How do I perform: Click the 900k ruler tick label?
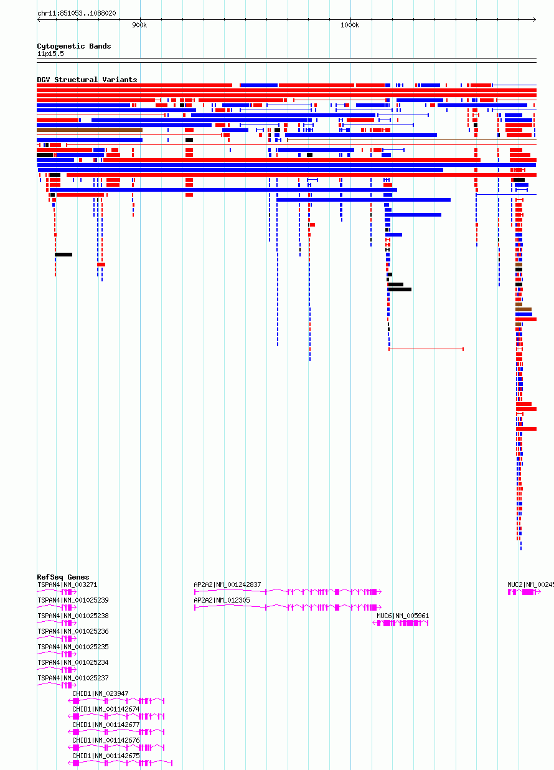pos(139,25)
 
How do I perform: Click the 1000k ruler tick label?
pos(350,25)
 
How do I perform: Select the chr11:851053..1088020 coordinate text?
pos(77,13)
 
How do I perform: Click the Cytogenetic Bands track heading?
pos(74,46)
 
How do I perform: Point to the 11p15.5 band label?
pos(50,54)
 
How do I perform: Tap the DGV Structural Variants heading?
pos(87,80)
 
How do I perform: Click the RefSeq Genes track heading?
pos(63,577)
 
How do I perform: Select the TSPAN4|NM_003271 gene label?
pos(67,585)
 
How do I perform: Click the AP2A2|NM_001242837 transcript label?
pos(227,585)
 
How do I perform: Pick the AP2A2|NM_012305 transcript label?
pos(222,600)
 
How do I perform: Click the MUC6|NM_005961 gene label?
pos(403,616)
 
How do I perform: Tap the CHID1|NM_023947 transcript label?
pos(100,693)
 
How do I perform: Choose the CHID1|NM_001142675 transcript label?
pos(106,756)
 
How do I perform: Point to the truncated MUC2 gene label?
pos(530,585)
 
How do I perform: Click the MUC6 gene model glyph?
pos(400,623)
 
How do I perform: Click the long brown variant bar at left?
pos(90,130)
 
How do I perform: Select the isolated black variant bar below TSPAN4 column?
pos(63,255)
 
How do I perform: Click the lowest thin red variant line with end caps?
pos(426,349)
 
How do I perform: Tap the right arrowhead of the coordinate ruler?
pos(535,19)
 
